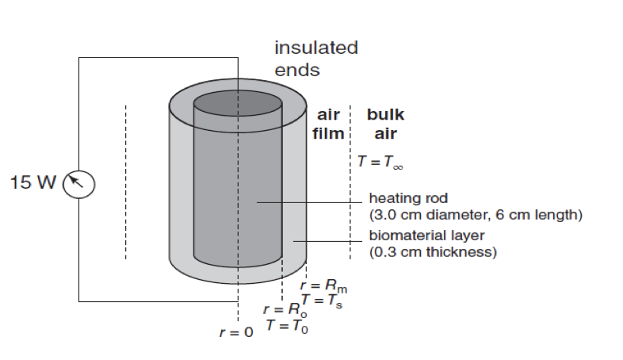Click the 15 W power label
point(33,183)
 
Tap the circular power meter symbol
point(78,184)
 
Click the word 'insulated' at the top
point(315,48)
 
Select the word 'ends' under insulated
point(296,71)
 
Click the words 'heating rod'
point(409,198)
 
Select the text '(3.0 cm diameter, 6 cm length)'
point(476,215)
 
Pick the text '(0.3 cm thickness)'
point(433,253)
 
